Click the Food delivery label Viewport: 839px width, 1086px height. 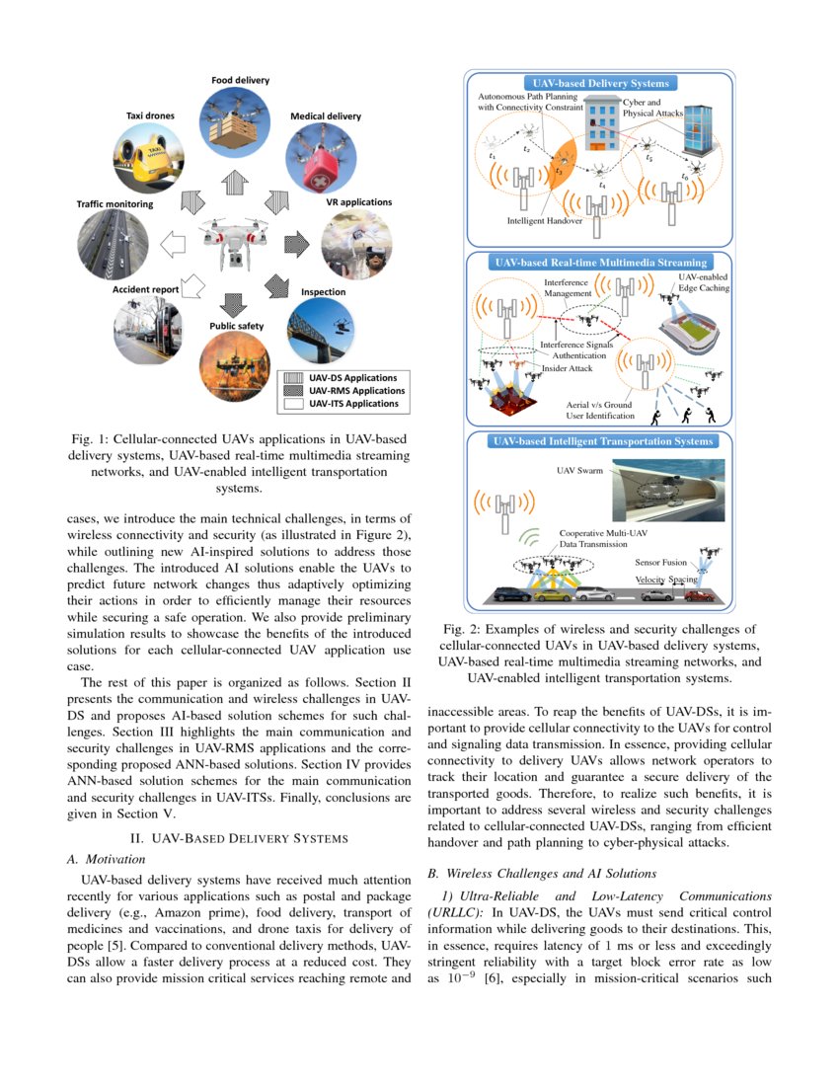(x=240, y=80)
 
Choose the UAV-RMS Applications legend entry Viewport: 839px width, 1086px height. (x=351, y=390)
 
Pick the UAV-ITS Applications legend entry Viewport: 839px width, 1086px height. (x=351, y=403)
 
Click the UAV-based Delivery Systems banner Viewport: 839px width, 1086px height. (x=600, y=84)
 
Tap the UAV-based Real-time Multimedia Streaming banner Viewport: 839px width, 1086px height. (x=600, y=263)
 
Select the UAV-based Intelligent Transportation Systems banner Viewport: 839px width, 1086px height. (x=600, y=441)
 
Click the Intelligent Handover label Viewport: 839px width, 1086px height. (x=544, y=221)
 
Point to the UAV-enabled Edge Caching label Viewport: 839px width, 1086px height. (x=702, y=284)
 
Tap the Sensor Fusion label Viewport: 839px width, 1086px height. (x=660, y=562)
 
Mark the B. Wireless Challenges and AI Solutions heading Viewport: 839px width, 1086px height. (x=541, y=873)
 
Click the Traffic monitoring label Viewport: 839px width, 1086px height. (x=115, y=204)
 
